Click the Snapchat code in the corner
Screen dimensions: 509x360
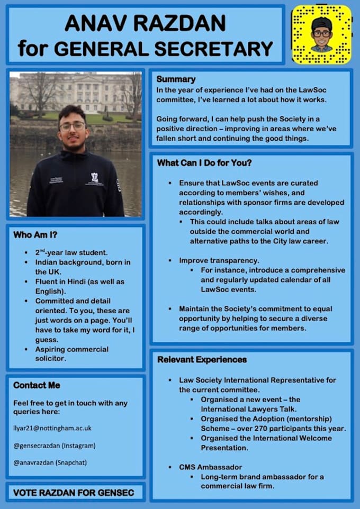click(x=321, y=34)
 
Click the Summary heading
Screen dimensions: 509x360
click(x=176, y=79)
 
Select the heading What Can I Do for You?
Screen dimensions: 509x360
click(x=204, y=163)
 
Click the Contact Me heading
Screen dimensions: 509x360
click(x=37, y=385)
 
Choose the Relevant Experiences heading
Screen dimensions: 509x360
click(x=202, y=360)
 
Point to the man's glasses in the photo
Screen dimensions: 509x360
click(x=72, y=126)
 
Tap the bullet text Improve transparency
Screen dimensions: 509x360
click(x=219, y=260)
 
